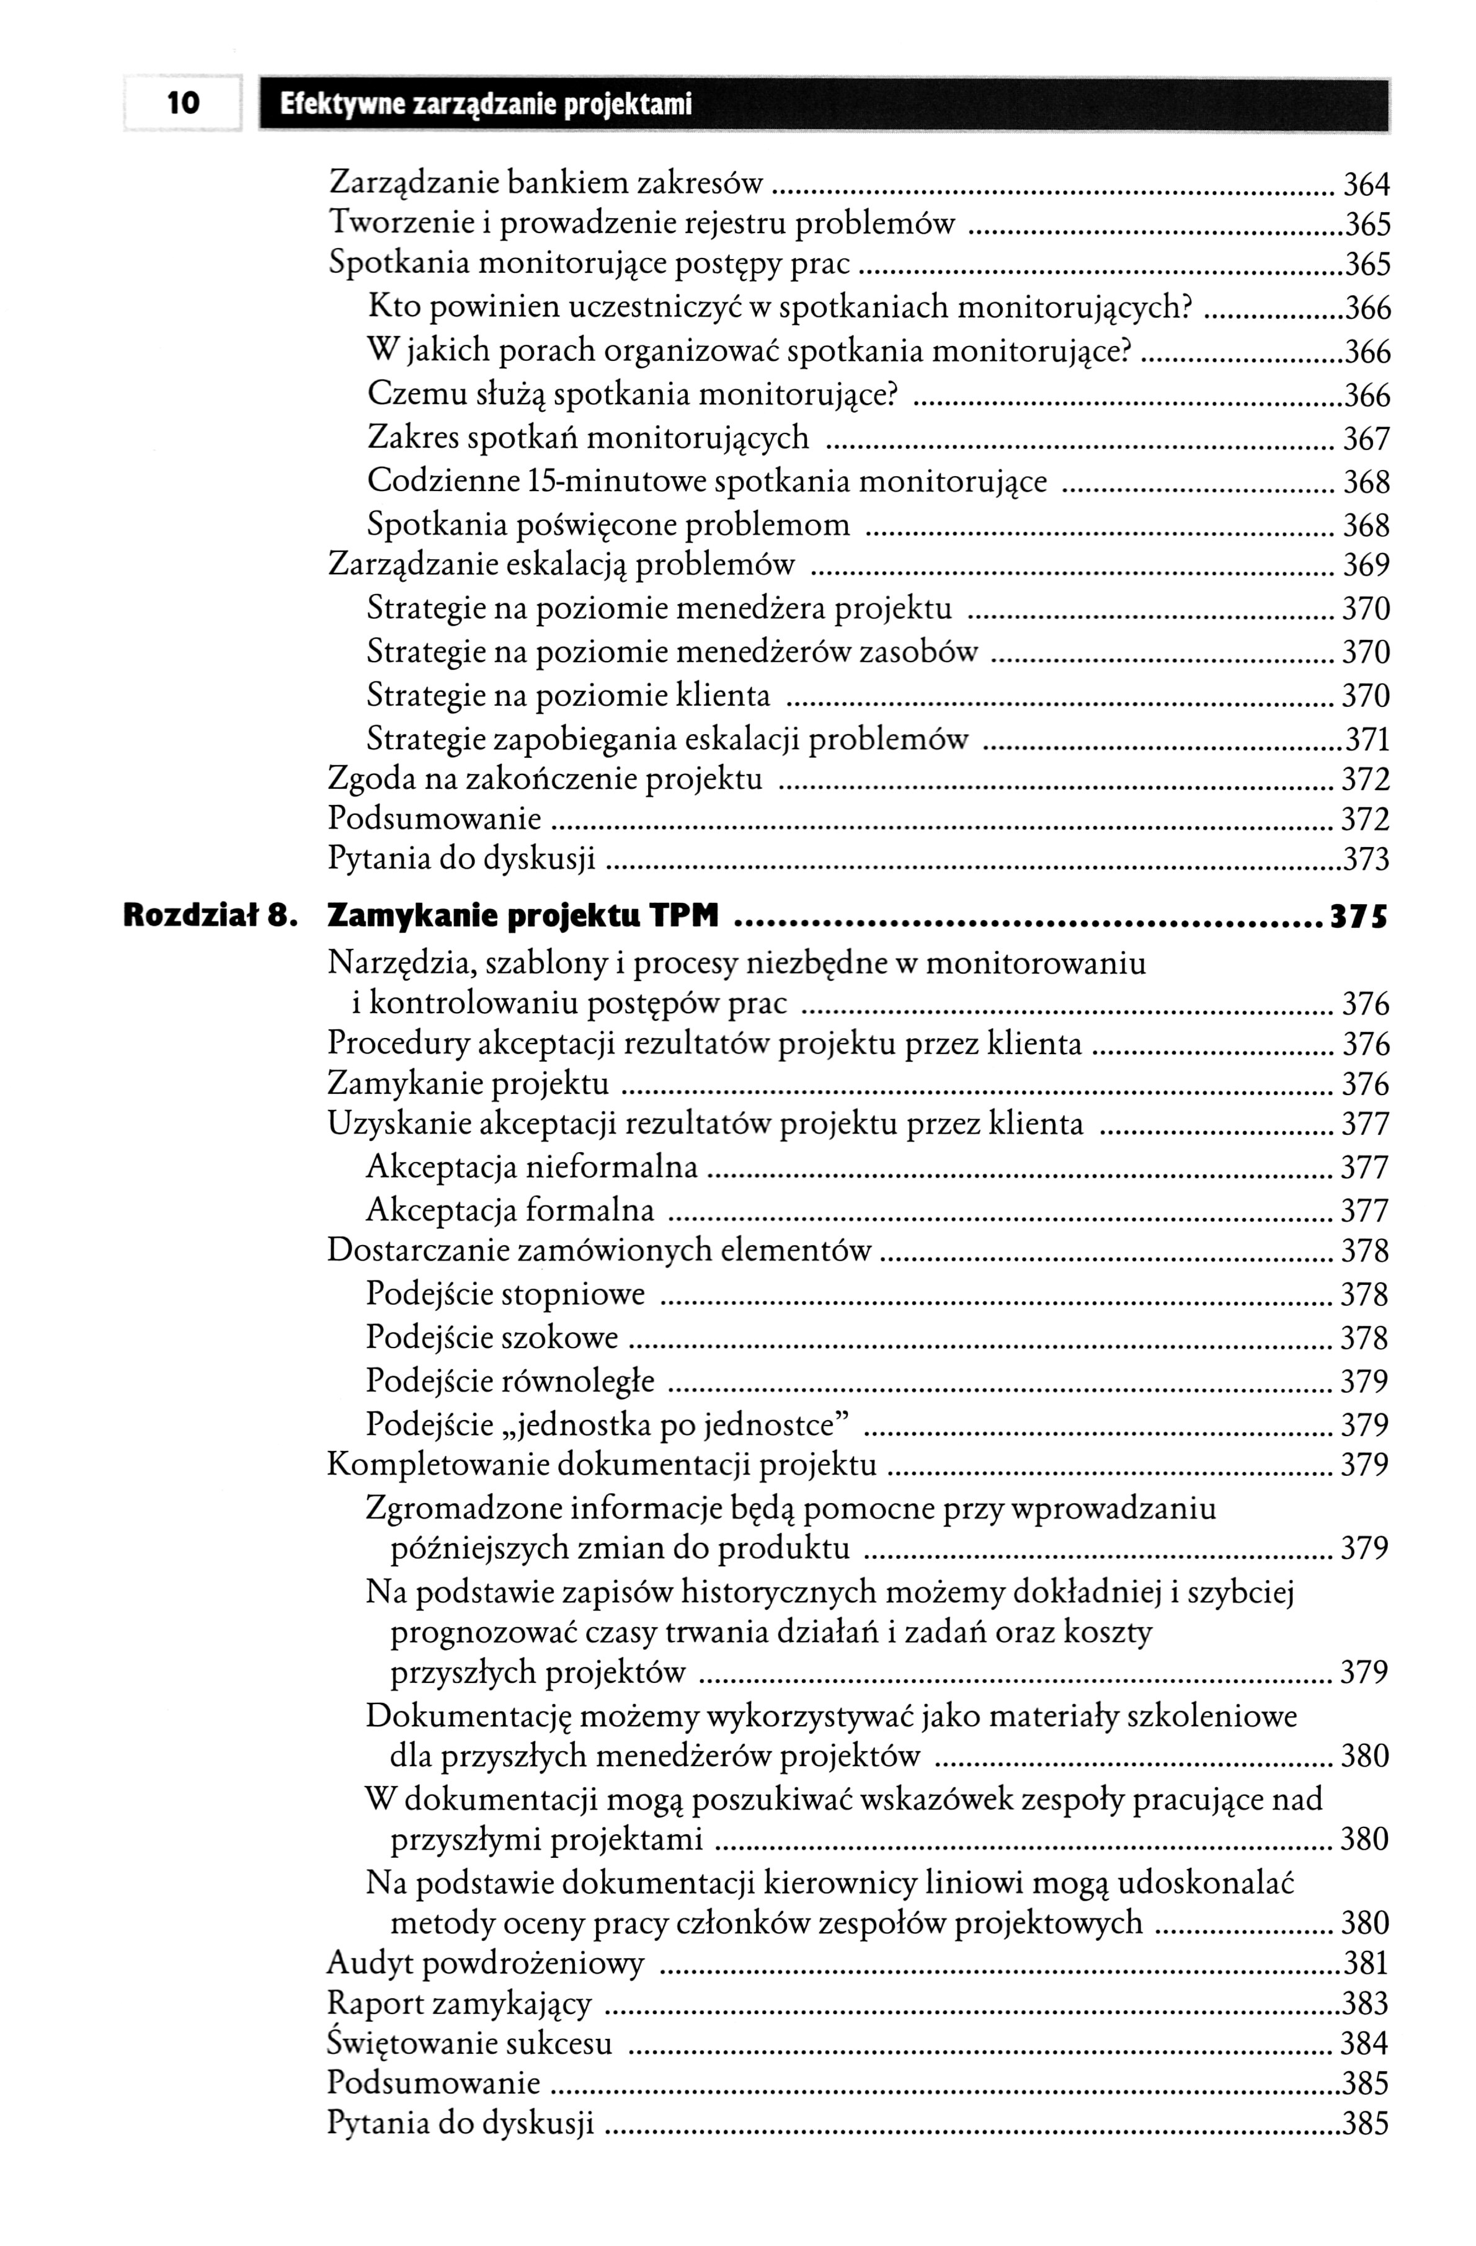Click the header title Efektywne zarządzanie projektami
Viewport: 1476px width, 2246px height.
pos(486,104)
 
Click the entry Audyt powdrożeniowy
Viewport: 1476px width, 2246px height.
pos(485,1964)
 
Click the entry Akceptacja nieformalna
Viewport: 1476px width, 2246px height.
pos(531,1168)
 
